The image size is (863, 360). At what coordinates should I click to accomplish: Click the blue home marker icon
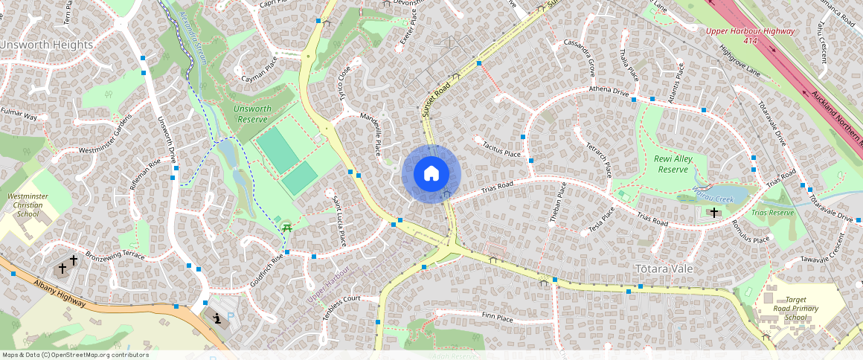(x=431, y=174)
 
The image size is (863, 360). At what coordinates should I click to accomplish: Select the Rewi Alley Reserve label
(x=673, y=164)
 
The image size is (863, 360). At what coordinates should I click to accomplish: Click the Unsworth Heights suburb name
(x=46, y=45)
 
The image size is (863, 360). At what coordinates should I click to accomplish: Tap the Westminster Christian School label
(x=22, y=205)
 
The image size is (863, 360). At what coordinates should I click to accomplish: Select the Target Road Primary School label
(x=795, y=309)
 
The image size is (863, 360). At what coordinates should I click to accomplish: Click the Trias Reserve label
(x=772, y=213)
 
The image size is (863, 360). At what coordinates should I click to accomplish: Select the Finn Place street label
(x=498, y=318)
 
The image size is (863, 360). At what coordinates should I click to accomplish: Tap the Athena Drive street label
(x=609, y=91)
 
